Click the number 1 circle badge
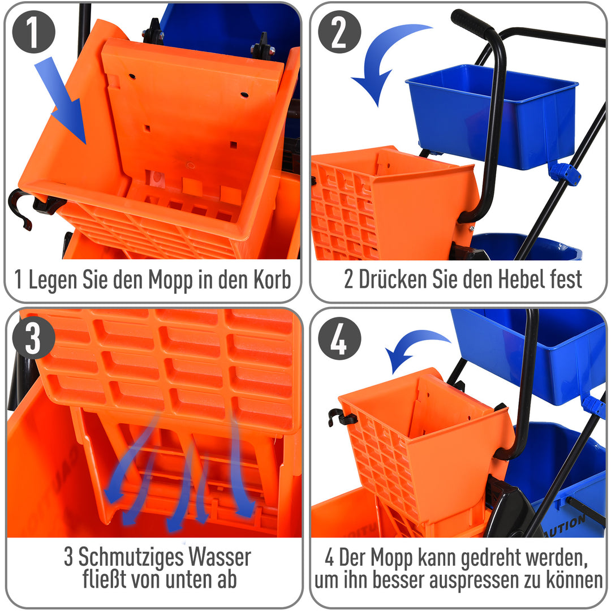click(33, 34)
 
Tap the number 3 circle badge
click(33, 339)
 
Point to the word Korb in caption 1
click(269, 279)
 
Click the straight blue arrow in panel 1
click(61, 100)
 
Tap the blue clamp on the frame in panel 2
click(565, 174)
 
